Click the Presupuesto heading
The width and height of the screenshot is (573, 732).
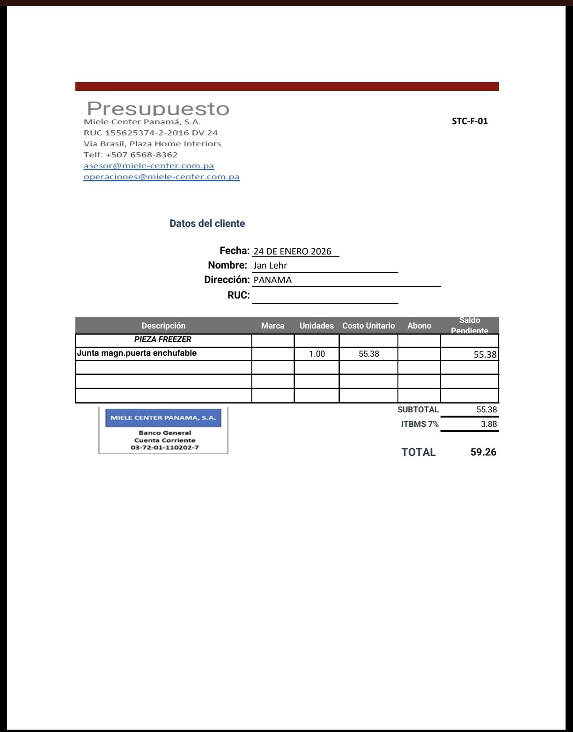tap(158, 109)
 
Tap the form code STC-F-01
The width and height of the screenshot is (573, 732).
tap(470, 121)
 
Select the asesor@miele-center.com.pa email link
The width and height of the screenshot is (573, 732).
tap(149, 166)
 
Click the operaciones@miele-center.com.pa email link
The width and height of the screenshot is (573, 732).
tap(162, 177)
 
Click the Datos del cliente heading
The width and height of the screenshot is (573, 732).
tap(207, 224)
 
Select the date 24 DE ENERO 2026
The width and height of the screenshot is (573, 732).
tap(292, 252)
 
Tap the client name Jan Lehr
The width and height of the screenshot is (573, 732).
tap(270, 266)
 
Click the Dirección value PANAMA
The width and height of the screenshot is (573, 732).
tap(272, 280)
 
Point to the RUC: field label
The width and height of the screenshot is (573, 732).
tap(238, 295)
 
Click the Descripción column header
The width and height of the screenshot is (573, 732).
tap(163, 326)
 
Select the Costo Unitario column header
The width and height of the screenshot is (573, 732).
tap(368, 326)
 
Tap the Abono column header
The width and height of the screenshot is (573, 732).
tap(419, 326)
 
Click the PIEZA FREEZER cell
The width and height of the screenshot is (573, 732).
tap(163, 339)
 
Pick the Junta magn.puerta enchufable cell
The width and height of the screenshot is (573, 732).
tap(137, 353)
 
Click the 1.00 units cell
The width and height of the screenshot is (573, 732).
tap(317, 354)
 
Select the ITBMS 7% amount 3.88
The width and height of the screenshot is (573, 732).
tap(489, 425)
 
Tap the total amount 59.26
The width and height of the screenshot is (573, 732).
tap(483, 452)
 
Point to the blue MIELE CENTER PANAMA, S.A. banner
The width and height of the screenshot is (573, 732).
tap(163, 418)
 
